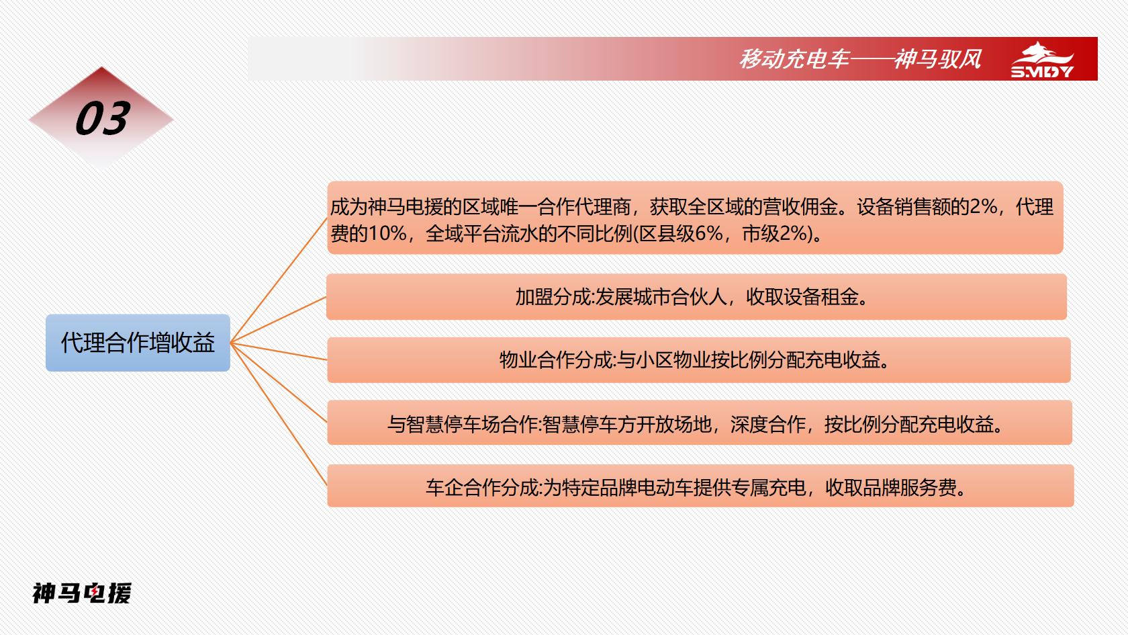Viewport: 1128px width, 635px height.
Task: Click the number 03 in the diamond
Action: tap(103, 118)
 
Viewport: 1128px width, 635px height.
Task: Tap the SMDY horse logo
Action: tap(1042, 60)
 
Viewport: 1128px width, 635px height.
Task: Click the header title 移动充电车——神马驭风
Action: tap(860, 59)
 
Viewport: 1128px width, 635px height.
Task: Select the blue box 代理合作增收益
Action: tap(138, 343)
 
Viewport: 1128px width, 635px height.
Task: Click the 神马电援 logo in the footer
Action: tap(82, 593)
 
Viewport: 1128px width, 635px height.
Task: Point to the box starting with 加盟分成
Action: tap(696, 297)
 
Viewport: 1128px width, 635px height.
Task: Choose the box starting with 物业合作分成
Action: tap(698, 360)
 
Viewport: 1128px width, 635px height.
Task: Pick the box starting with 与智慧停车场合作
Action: tap(700, 423)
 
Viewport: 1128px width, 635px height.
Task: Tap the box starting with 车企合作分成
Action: tap(700, 486)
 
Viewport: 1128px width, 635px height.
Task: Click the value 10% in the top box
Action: tap(388, 233)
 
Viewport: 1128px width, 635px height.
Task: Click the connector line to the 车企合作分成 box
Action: tap(279, 414)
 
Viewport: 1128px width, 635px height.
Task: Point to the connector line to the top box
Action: tap(279, 280)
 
